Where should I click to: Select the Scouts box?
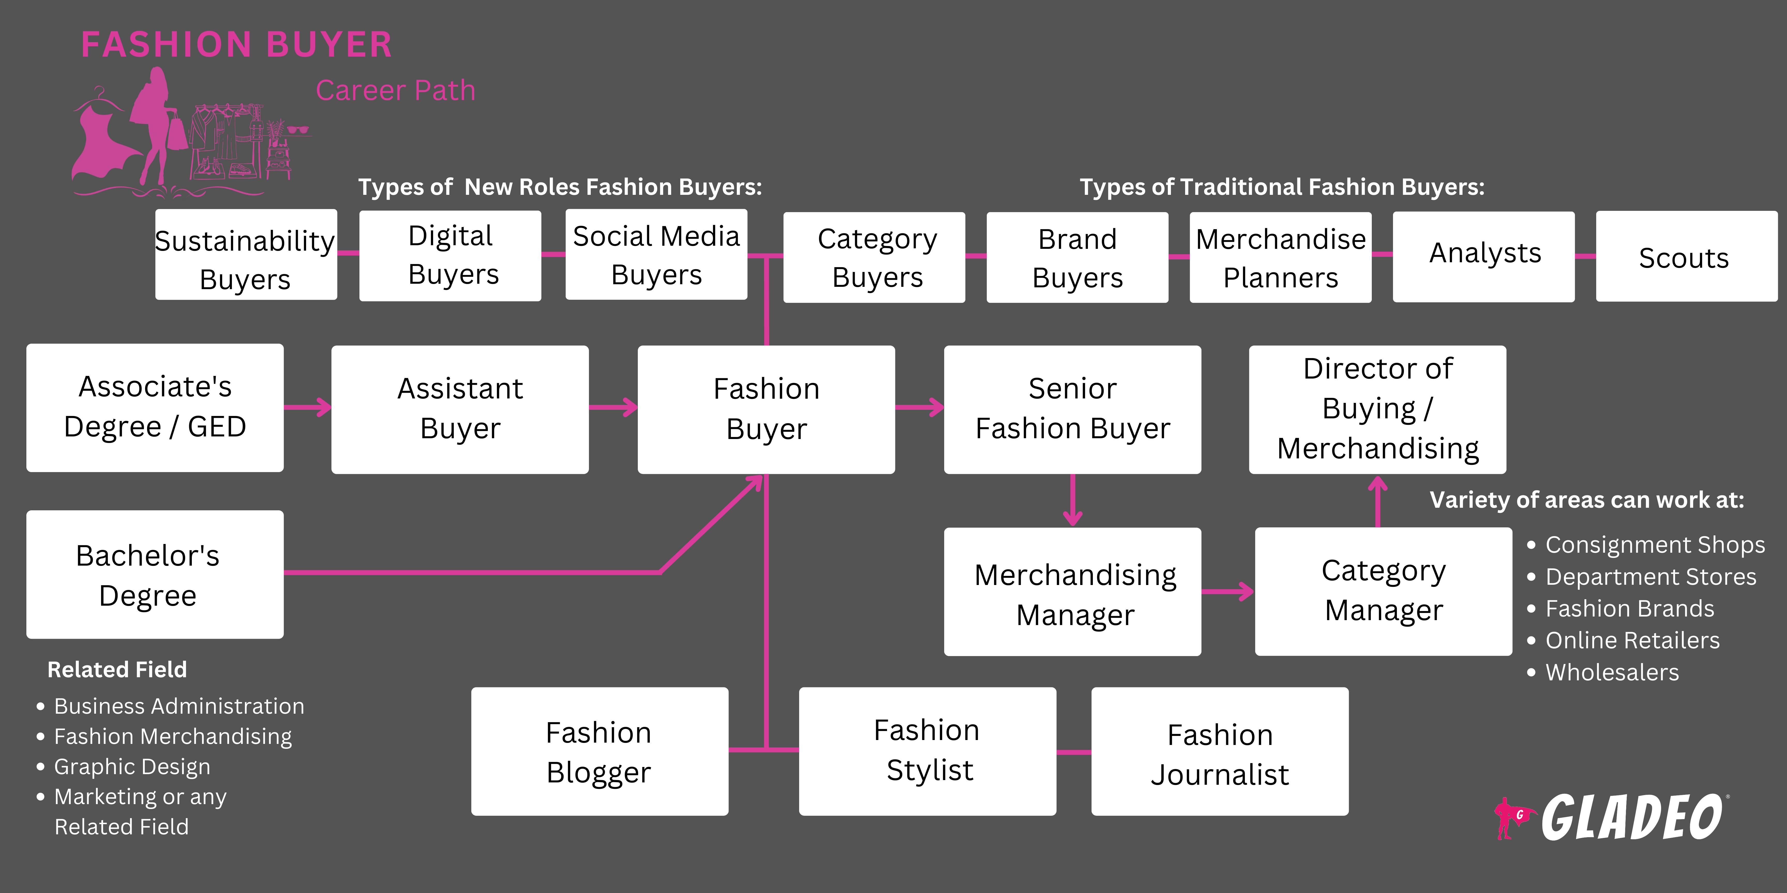coord(1686,257)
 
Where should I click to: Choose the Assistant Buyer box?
coord(460,409)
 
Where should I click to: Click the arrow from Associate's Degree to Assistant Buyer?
coord(307,407)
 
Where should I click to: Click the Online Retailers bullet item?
coord(1632,641)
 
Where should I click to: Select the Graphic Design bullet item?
coord(132,767)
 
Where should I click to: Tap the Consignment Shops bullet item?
coord(1655,545)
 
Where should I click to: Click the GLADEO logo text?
coord(1630,818)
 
